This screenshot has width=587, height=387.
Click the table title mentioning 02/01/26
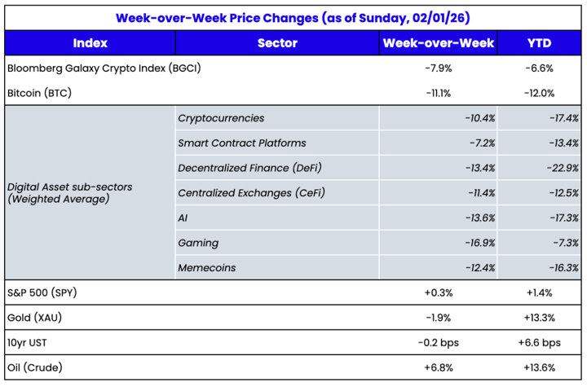[293, 16]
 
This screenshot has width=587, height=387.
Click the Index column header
[90, 43]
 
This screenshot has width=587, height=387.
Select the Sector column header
[277, 43]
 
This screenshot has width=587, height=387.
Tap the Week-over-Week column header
[438, 43]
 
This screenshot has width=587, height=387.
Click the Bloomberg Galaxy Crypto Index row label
[104, 68]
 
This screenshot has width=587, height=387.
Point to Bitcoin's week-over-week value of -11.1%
[439, 93]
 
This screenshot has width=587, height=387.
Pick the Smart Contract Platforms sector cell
[242, 143]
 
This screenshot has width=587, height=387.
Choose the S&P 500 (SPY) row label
[42, 292]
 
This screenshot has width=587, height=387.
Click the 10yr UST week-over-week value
[439, 342]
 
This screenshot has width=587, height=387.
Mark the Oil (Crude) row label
[35, 367]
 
